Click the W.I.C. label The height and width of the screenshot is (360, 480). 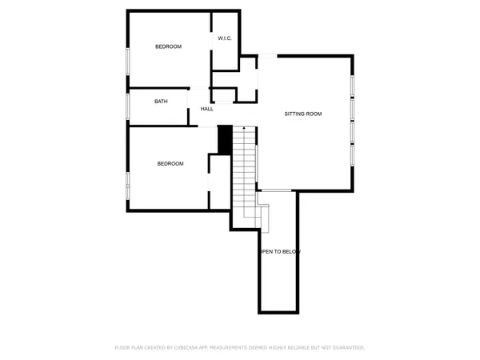pos(225,38)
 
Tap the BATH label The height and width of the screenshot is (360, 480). pos(161,102)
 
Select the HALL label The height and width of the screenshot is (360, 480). pos(207,109)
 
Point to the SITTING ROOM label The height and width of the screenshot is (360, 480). pos(303,114)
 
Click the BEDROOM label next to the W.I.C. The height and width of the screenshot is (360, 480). pos(168,46)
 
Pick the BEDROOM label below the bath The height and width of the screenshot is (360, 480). pos(170,164)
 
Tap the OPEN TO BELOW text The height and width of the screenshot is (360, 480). pos(279,252)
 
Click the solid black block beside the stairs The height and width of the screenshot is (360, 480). pos(225,139)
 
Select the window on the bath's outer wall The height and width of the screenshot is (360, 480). pos(128,106)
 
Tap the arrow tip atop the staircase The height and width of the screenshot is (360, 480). pos(244,130)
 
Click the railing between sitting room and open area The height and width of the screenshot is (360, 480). pos(274,190)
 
